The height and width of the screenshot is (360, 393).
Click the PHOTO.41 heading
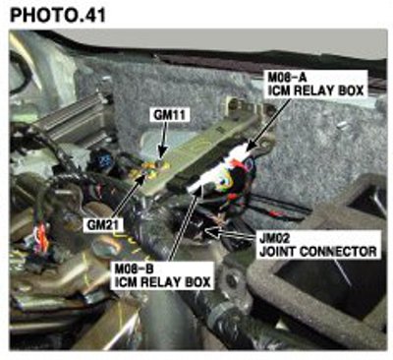click(58, 15)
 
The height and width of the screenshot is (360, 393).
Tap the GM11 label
click(169, 115)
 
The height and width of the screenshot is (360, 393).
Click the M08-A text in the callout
click(287, 78)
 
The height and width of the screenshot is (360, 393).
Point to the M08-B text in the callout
click(134, 270)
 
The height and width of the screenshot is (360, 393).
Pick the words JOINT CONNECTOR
click(318, 252)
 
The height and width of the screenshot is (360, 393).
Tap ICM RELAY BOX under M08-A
click(315, 90)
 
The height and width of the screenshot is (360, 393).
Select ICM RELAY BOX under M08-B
click(162, 282)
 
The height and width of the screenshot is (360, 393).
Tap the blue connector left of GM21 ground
click(102, 160)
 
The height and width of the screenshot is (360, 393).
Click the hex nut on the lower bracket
click(233, 279)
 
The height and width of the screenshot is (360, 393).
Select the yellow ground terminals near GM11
click(151, 169)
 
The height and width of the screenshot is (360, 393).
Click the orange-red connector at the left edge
click(42, 237)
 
